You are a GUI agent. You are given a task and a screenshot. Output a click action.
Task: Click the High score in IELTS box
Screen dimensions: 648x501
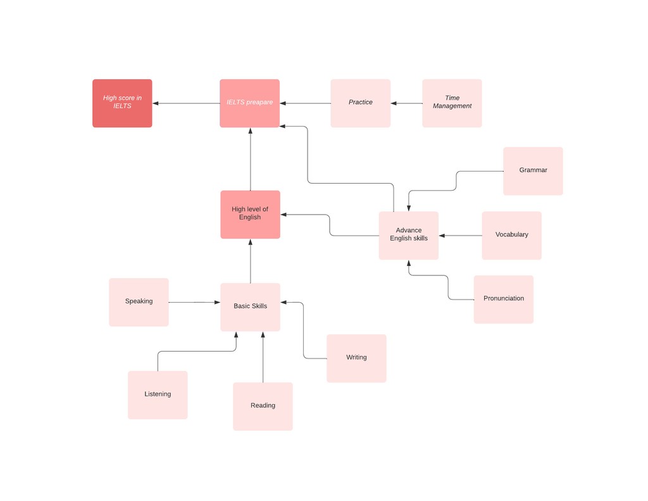point(122,103)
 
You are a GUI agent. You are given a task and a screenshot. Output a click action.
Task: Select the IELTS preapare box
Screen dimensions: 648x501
point(249,103)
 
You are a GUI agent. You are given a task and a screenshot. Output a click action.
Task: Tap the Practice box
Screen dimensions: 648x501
point(360,103)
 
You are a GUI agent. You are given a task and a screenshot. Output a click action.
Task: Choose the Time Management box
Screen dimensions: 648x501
point(452,103)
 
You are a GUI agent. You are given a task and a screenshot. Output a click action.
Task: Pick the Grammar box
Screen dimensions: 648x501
point(533,171)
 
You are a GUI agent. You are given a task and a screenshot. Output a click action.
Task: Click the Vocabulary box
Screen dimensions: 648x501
point(511,236)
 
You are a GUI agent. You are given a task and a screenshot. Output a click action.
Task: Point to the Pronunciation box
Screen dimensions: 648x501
point(504,300)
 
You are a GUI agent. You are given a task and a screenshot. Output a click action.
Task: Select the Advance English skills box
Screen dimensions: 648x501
point(409,236)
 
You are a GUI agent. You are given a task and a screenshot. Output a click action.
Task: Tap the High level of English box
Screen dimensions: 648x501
point(251,215)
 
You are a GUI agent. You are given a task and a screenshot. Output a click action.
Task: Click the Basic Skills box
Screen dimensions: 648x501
point(251,307)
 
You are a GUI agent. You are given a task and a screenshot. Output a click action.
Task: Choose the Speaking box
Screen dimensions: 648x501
point(139,302)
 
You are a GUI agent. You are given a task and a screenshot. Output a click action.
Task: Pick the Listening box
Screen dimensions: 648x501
point(158,395)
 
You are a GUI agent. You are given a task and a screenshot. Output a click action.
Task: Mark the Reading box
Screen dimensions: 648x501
point(263,406)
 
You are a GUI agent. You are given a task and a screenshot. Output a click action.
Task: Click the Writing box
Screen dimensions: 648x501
point(357,358)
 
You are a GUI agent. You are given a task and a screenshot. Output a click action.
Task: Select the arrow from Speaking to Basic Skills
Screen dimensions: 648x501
point(195,302)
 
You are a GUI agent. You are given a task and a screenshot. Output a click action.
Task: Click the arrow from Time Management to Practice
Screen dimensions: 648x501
point(406,103)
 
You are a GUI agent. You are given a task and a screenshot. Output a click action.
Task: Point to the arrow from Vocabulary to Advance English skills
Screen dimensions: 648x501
point(461,236)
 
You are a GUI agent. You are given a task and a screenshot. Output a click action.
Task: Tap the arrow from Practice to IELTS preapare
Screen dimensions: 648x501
point(305,103)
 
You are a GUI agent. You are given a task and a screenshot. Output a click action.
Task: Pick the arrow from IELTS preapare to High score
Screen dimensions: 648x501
point(186,103)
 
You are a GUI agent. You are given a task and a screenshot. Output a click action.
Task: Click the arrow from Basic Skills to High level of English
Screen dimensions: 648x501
point(251,261)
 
